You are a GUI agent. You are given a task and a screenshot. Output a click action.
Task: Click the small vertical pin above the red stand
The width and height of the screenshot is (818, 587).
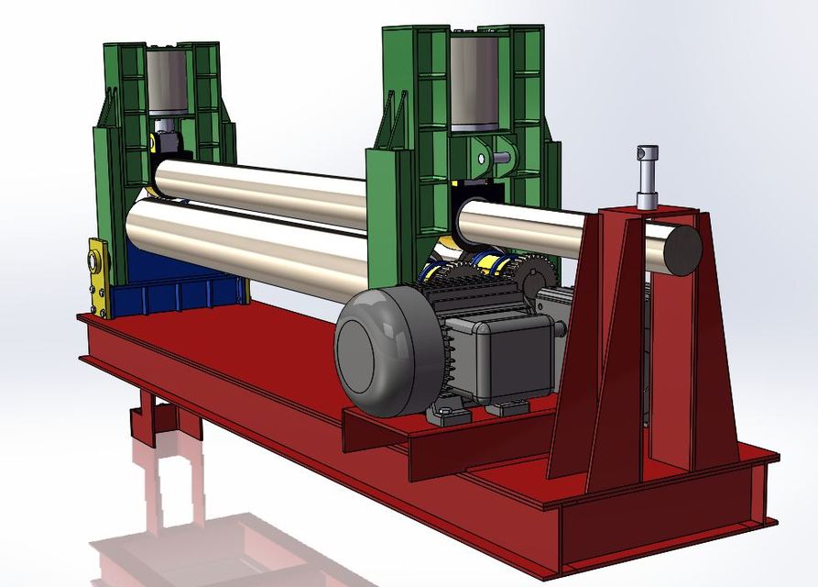pyautogui.click(x=648, y=179)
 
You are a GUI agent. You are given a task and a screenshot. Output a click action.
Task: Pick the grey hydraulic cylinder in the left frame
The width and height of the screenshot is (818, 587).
pyautogui.click(x=168, y=83)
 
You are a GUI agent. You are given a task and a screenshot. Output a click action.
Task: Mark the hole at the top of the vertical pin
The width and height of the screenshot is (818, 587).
pyautogui.click(x=648, y=152)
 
